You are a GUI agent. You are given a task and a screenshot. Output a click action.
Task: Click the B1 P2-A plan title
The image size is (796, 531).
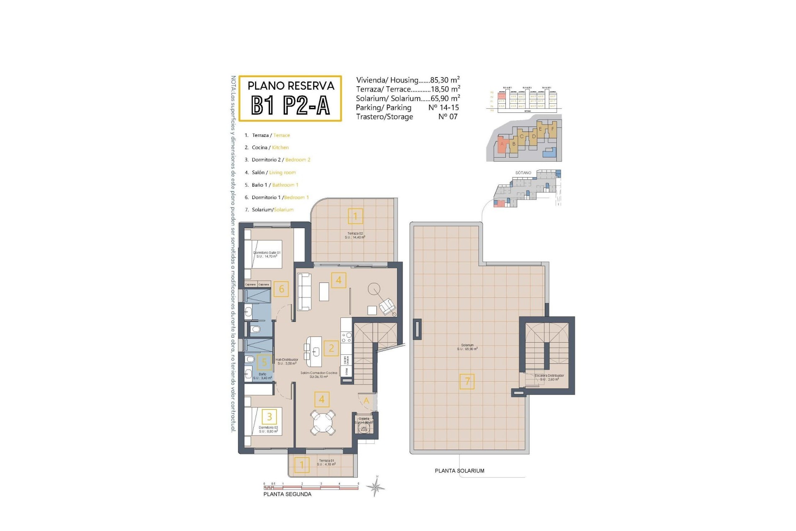click(290, 105)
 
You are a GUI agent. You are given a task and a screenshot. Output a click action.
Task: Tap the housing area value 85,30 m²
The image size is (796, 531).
click(445, 80)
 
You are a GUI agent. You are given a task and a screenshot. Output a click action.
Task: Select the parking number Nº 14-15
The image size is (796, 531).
click(443, 107)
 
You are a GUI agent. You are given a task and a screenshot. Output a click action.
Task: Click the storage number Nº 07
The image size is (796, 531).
click(447, 117)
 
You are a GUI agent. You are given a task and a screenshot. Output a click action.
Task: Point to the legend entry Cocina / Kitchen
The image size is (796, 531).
click(270, 147)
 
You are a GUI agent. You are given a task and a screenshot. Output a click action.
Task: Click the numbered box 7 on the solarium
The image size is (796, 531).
click(467, 381)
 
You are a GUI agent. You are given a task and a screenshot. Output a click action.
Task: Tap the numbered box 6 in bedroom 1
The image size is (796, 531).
click(282, 289)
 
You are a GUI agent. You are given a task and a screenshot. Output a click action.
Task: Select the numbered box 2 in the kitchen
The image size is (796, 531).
click(331, 348)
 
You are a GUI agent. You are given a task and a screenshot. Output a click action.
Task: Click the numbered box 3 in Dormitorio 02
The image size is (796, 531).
click(269, 417)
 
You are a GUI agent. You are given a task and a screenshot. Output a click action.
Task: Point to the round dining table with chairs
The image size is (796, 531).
click(323, 422)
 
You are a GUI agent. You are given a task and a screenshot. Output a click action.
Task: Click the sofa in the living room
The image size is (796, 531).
click(304, 291)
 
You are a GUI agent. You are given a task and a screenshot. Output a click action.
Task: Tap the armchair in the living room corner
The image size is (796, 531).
click(388, 306)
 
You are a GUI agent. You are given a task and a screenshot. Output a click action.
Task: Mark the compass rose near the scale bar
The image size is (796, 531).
click(376, 487)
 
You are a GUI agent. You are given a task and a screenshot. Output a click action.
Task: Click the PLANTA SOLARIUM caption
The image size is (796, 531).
click(459, 471)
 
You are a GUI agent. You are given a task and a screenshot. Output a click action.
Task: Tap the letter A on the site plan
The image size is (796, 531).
click(502, 144)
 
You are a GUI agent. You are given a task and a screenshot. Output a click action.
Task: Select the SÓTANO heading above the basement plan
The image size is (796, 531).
click(523, 173)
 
